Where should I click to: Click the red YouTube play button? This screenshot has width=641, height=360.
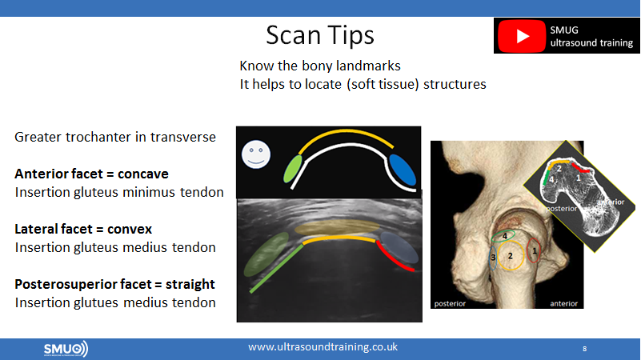coord(522,36)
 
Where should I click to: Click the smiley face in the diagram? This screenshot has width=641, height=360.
coord(256,154)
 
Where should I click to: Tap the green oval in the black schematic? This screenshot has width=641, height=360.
coord(293,169)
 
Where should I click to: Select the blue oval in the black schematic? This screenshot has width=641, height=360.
coord(403,170)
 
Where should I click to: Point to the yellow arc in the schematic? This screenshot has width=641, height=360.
coord(346,131)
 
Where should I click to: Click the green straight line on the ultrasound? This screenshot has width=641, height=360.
coord(276,269)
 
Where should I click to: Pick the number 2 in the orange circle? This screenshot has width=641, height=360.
coord(511,256)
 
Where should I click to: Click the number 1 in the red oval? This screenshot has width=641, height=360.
coord(535,251)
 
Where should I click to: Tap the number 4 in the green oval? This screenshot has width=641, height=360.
coord(505,236)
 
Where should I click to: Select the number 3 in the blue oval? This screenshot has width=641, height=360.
coord(494,258)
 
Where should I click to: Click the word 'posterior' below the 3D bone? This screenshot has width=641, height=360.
coord(450,304)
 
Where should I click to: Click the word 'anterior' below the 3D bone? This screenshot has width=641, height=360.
coord(563,304)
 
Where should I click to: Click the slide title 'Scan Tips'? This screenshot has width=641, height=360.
coord(320,35)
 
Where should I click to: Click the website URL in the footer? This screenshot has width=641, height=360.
coord(323,347)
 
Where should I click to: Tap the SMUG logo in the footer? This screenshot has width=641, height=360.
coord(66,349)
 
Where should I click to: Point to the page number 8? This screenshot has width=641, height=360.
coord(585,349)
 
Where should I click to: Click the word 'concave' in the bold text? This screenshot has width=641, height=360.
coord(143,174)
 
